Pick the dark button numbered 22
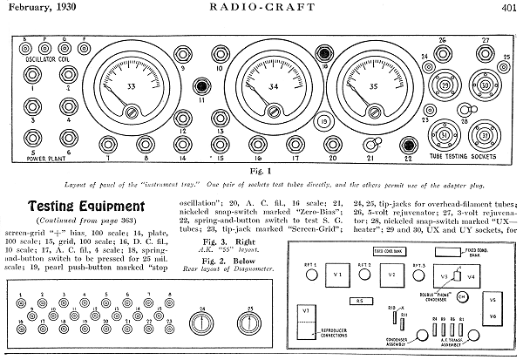pos(406,146)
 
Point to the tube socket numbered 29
pos(445,86)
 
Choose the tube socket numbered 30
pos(486,86)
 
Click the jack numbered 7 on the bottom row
pos(109,145)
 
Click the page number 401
pos(509,8)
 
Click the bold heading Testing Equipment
pos(73,207)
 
